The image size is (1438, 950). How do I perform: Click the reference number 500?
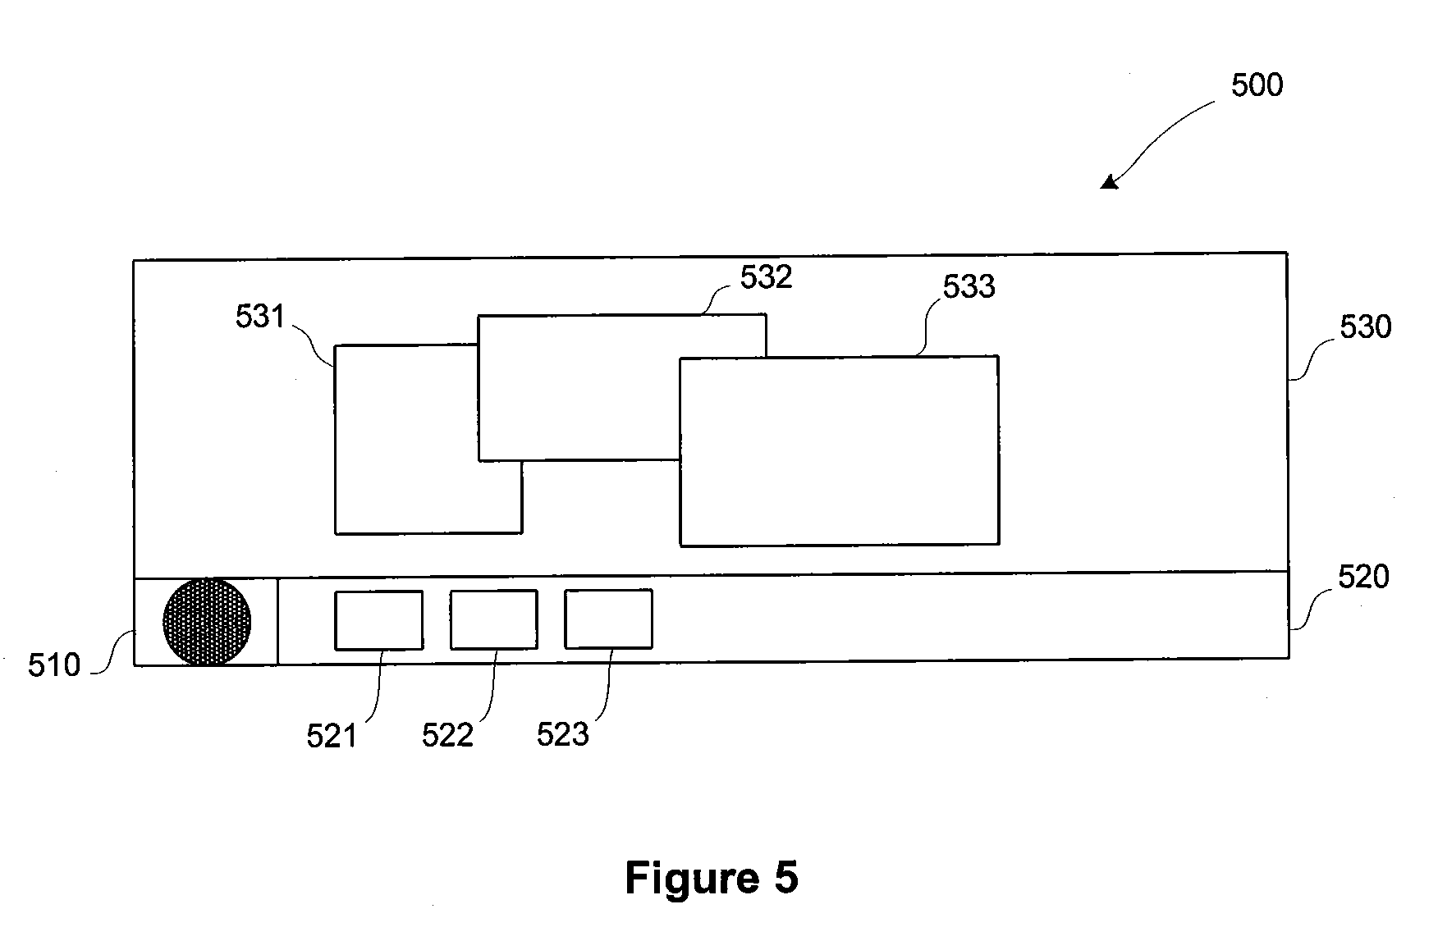[x=1257, y=85]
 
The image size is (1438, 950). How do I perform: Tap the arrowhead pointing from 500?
[x=1109, y=182]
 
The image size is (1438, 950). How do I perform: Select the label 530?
[x=1366, y=327]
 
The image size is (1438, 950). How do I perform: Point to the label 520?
[x=1364, y=578]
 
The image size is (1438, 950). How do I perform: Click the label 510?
[x=54, y=665]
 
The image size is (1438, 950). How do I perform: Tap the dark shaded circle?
[x=208, y=621]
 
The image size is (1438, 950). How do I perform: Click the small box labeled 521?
[x=379, y=620]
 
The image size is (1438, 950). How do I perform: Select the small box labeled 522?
[x=494, y=619]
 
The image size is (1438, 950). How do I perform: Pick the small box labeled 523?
[x=609, y=619]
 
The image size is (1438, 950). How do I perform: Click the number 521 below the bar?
[x=332, y=736]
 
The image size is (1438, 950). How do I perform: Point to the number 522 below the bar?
[x=448, y=735]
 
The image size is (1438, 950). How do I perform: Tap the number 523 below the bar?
[x=563, y=734]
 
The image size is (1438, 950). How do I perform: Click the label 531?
[x=260, y=317]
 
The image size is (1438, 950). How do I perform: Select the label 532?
[x=767, y=277]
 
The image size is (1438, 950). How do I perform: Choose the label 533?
[x=969, y=286]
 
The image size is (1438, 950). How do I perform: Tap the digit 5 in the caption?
[x=785, y=879]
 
